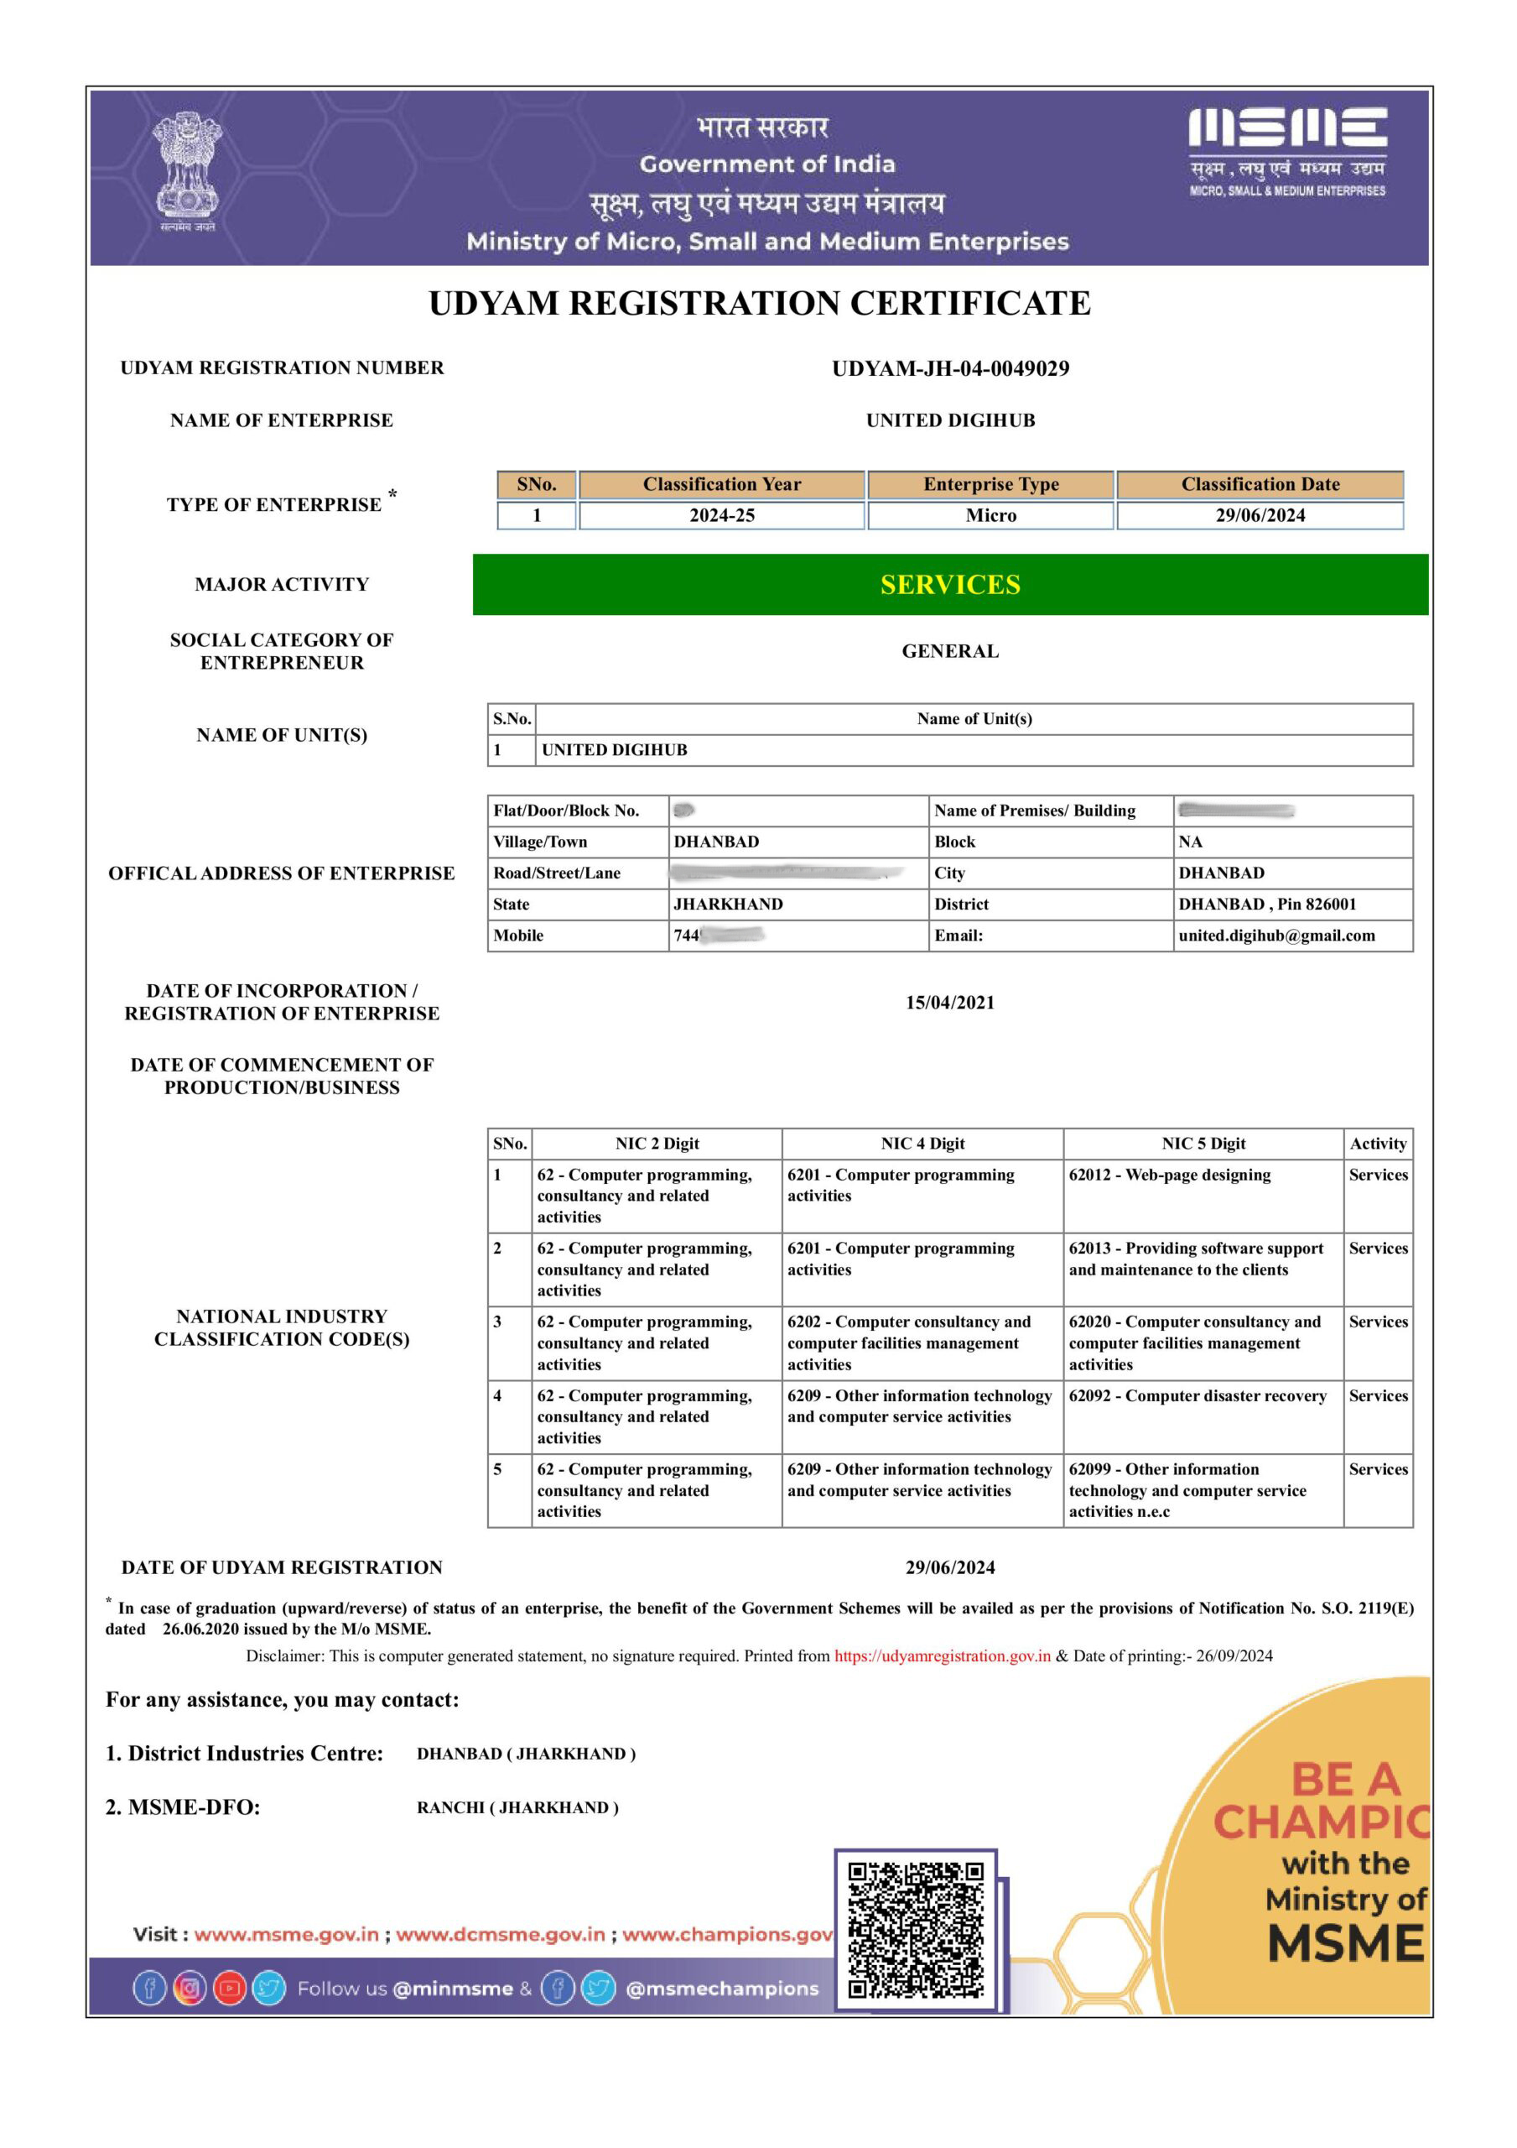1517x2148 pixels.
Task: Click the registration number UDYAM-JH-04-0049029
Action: click(x=950, y=368)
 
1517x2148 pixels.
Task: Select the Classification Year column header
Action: click(x=721, y=485)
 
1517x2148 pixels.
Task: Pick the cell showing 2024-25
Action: click(x=721, y=515)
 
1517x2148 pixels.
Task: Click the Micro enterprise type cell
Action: click(x=990, y=515)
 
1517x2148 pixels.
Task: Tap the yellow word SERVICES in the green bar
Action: click(x=950, y=585)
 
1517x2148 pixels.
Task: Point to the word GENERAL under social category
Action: click(x=950, y=651)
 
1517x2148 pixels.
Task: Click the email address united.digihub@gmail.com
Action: click(x=1276, y=936)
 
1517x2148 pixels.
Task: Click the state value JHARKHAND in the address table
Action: click(x=729, y=905)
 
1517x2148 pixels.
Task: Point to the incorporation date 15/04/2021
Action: click(x=950, y=1003)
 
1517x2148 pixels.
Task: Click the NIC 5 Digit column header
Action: click(x=1203, y=1144)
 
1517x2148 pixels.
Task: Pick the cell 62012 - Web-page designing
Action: click(x=1169, y=1175)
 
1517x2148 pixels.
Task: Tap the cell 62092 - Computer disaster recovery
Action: click(x=1197, y=1396)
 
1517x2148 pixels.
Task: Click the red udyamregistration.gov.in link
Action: click(x=942, y=1656)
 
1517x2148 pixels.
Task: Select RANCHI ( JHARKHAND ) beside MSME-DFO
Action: click(x=517, y=1807)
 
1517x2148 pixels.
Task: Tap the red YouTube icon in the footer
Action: click(x=229, y=1989)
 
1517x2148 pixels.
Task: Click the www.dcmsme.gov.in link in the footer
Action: click(x=501, y=1935)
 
